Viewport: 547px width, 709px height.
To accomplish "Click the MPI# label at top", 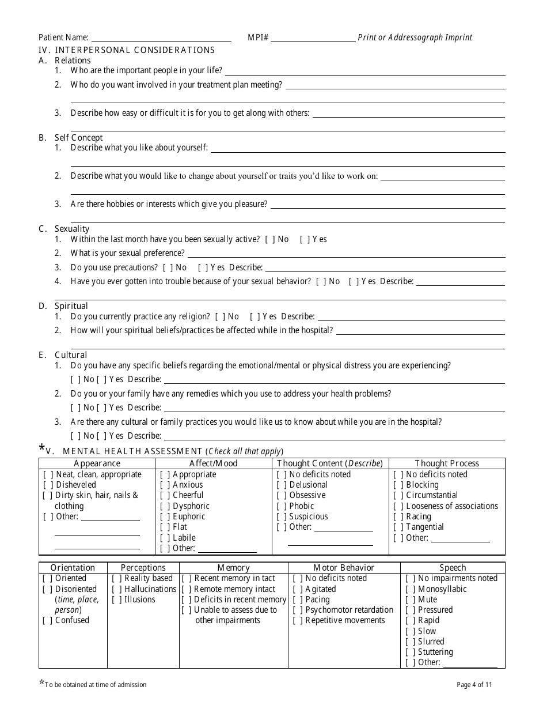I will (x=258, y=37).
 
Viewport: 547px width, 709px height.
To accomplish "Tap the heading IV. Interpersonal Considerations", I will (x=126, y=50).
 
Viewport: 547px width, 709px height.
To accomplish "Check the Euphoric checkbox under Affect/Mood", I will (x=165, y=516).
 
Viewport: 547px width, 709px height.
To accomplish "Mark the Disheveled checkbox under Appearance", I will (x=48, y=485).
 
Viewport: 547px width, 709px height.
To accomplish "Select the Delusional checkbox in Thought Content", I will (x=282, y=485).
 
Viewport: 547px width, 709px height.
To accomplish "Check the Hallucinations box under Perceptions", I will (x=117, y=589).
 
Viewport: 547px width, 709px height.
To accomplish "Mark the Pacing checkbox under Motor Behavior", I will (x=298, y=599).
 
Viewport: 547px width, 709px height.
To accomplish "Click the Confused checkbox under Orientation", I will (x=47, y=620).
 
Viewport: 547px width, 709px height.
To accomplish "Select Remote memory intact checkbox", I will (x=187, y=589).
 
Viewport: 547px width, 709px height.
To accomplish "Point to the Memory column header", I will (x=233, y=568).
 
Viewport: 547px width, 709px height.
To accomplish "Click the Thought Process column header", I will (x=447, y=463).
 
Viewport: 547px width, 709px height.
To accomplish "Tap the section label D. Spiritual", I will (x=63, y=306).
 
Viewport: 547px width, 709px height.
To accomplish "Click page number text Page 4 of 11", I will (x=474, y=685).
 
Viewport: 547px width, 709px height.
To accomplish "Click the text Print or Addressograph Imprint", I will (x=415, y=37).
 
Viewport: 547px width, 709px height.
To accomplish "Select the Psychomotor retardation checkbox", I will (x=298, y=610).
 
